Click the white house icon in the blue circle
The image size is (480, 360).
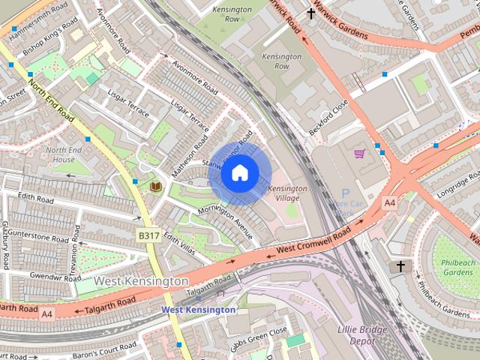click(x=239, y=173)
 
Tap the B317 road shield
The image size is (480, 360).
click(x=148, y=235)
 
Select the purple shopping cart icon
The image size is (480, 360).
click(x=359, y=153)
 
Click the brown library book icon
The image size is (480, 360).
click(x=155, y=185)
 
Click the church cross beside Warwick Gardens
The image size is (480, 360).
click(x=311, y=13)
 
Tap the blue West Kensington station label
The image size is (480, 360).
click(x=199, y=310)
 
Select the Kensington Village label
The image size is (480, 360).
click(x=287, y=193)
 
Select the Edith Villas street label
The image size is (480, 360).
click(x=178, y=243)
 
